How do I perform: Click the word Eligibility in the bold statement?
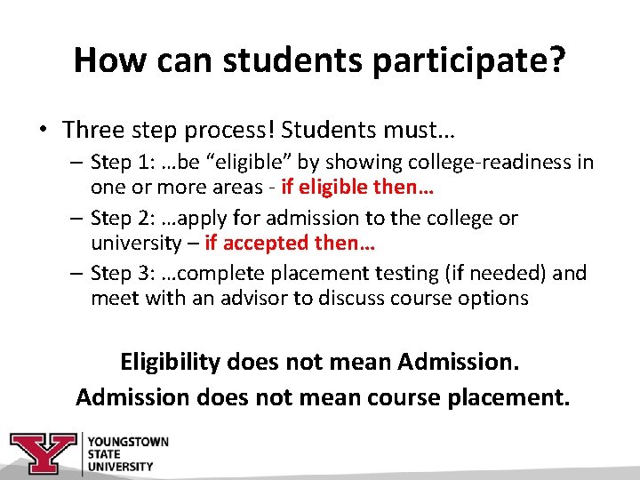click(x=170, y=363)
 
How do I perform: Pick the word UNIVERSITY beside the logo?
click(x=120, y=466)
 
